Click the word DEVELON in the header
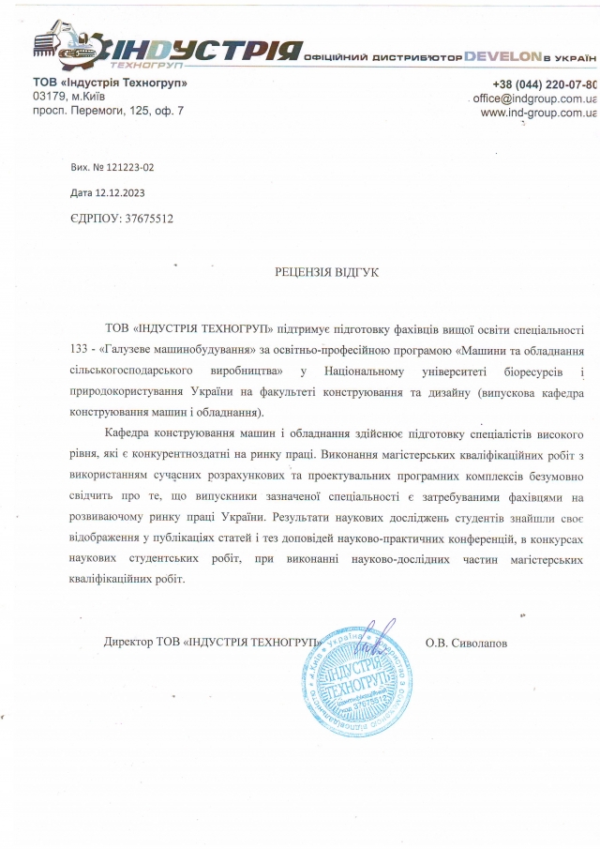click(504, 56)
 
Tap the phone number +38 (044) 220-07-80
click(545, 84)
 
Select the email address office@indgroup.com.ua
click(534, 99)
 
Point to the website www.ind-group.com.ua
click(538, 113)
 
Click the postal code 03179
click(49, 97)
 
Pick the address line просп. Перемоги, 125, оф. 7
click(108, 111)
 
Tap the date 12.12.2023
click(126, 193)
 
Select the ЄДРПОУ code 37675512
click(142, 219)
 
